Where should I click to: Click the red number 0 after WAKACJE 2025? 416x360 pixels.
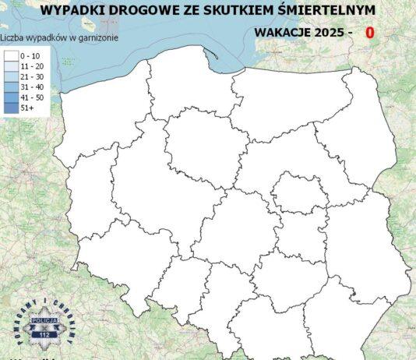[369, 34]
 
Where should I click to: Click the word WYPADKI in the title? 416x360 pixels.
[72, 10]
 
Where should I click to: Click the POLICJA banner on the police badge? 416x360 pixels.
[43, 321]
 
